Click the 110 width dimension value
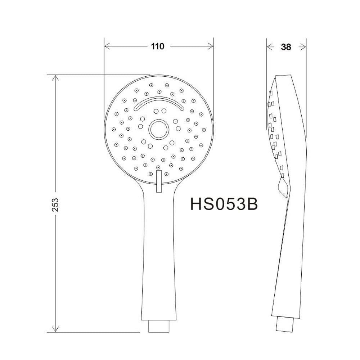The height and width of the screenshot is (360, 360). [x=158, y=46]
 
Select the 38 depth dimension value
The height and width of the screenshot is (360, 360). [x=286, y=47]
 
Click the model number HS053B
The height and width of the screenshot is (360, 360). [x=224, y=204]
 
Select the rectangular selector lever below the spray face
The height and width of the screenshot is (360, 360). [x=159, y=181]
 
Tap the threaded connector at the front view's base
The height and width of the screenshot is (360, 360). [x=159, y=326]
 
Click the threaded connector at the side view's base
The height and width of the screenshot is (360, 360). [x=284, y=324]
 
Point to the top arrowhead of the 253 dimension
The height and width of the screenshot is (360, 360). [x=55, y=78]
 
